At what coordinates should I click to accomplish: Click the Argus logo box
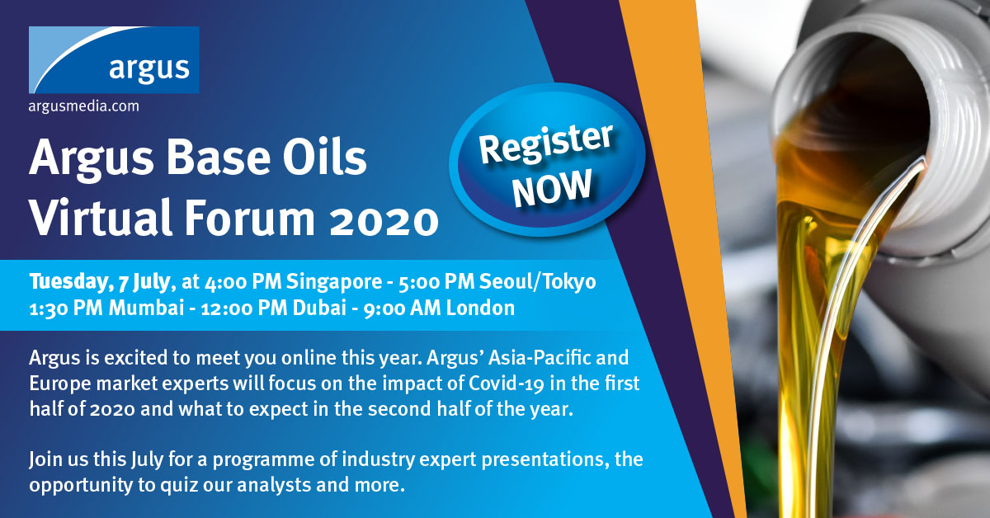click(114, 60)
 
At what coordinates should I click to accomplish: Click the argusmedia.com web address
click(84, 106)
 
